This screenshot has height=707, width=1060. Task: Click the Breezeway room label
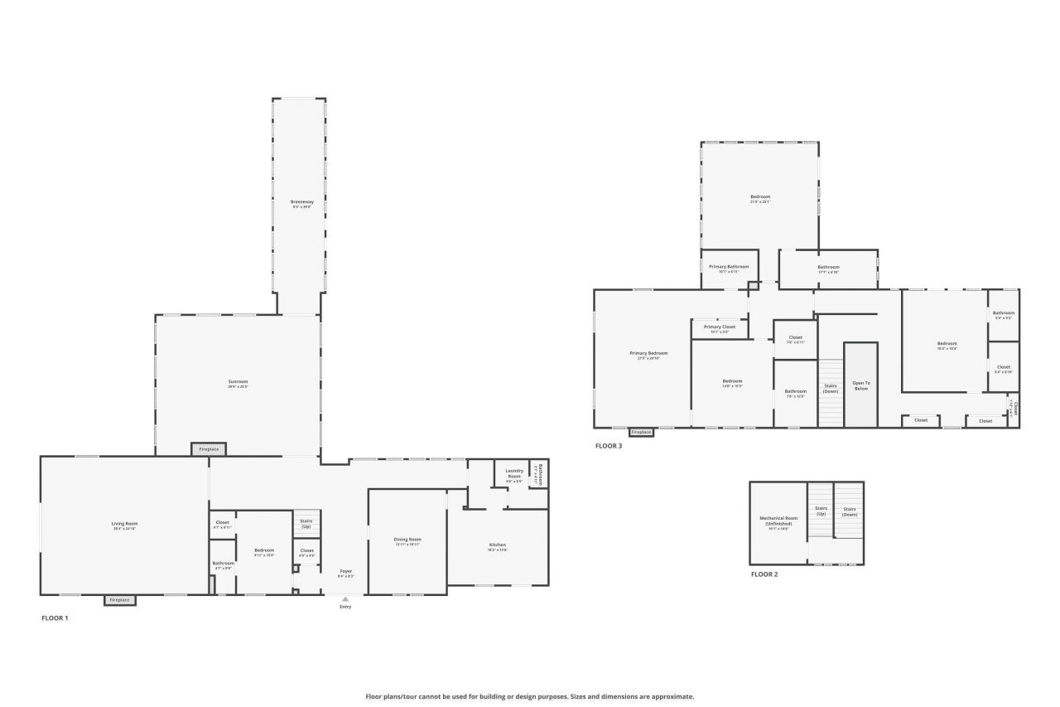301,202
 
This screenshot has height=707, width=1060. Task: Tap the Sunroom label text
238,382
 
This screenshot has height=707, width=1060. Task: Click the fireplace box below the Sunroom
209,449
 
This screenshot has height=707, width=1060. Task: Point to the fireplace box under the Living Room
119,600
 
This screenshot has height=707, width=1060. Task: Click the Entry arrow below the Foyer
345,598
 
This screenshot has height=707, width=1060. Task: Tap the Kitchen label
497,545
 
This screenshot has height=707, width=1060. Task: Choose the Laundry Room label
514,473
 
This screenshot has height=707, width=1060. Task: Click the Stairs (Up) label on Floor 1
306,524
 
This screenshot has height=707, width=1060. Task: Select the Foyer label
346,572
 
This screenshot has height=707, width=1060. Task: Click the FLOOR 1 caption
55,618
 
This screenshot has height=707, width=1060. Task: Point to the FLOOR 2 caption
764,574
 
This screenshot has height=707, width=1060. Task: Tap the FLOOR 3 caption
608,446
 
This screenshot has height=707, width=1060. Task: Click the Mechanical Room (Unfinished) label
776,521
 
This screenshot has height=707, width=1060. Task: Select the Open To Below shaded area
860,385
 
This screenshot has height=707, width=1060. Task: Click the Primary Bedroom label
648,354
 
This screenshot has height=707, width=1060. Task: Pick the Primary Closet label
720,327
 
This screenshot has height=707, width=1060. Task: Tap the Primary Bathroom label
729,268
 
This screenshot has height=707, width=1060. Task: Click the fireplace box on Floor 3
641,433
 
